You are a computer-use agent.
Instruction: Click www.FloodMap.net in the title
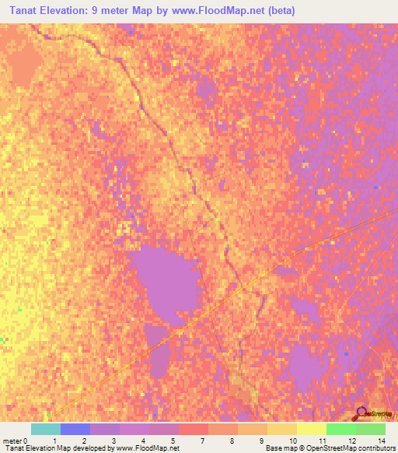point(229,12)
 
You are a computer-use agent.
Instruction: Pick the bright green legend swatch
point(340,429)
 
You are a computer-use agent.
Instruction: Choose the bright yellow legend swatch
point(311,429)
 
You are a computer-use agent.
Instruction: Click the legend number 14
point(381,441)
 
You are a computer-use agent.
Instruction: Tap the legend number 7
point(203,441)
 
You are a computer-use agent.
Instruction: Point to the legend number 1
point(54,441)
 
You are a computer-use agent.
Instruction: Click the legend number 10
point(292,441)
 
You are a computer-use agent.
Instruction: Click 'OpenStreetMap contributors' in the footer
point(354,448)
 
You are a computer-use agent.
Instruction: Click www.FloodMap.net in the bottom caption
point(148,448)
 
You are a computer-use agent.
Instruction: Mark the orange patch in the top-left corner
point(23,62)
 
